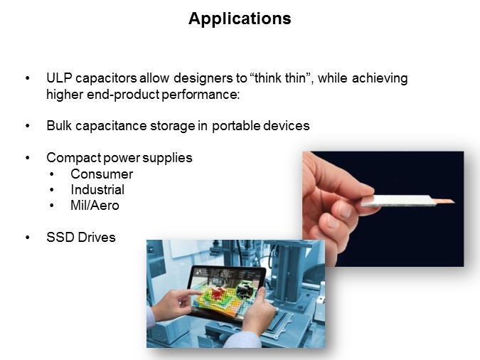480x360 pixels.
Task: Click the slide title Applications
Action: tap(240, 19)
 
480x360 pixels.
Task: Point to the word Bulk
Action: tap(59, 126)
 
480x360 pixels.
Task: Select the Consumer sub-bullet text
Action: tap(102, 174)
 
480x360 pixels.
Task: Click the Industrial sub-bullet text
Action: tap(97, 190)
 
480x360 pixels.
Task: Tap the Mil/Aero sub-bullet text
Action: tap(95, 206)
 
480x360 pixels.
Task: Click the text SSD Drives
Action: tap(80, 238)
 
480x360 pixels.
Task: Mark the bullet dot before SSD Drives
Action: tap(28, 238)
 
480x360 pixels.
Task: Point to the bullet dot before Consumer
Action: tap(52, 174)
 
